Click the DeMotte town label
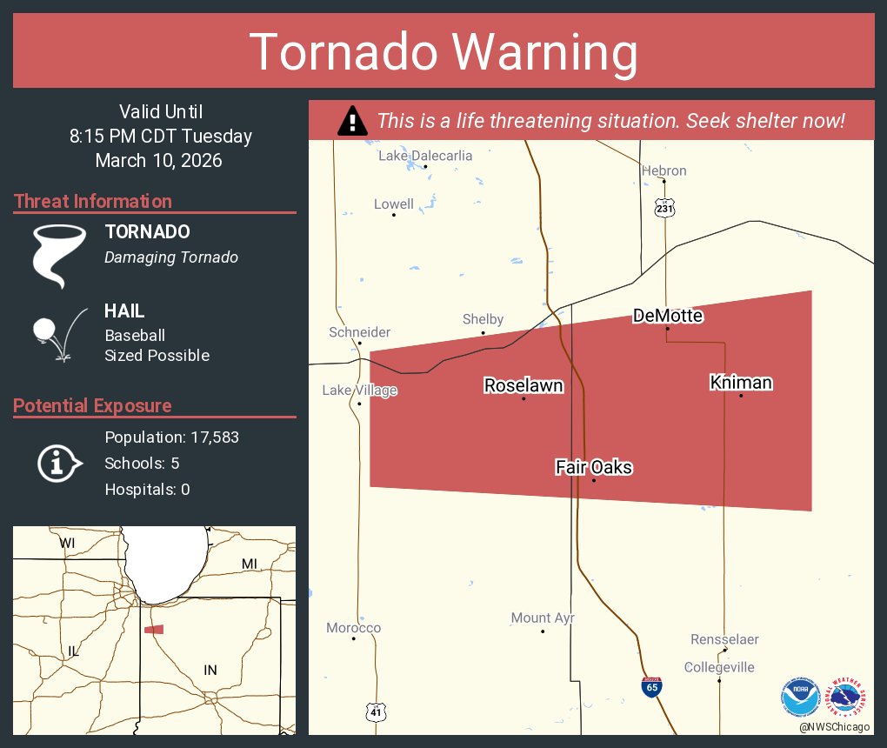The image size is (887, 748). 667,316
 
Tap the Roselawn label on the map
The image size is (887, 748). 524,385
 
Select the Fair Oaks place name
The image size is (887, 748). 594,468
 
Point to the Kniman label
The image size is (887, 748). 741,383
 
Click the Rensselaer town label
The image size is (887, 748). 724,639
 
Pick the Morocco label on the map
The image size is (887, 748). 353,628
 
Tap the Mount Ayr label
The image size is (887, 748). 543,618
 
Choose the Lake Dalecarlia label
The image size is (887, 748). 425,156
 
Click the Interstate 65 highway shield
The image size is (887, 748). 650,686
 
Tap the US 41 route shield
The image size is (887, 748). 375,711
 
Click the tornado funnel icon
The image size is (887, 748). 59,255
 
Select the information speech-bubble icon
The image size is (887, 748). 59,464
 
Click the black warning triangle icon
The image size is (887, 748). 352,121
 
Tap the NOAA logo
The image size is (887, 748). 800,697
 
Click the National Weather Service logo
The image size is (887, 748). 849,697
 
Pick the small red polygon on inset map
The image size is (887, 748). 154,629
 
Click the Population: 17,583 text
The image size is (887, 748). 171,437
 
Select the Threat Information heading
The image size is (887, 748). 93,202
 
